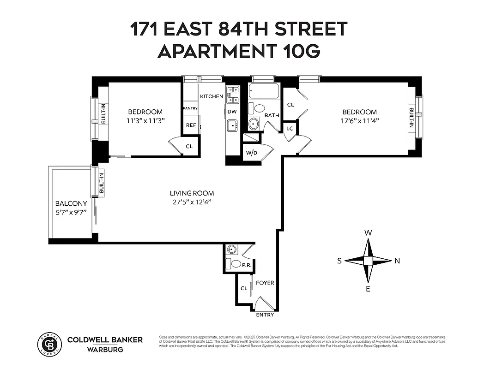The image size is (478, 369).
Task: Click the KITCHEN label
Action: pos(212,96)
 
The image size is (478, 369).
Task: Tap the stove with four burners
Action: pos(232,95)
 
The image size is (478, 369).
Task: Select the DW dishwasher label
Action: pos(232,112)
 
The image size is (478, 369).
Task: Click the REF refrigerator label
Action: pos(191,125)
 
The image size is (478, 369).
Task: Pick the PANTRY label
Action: pos(190,108)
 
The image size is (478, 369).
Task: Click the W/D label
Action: pos(251,153)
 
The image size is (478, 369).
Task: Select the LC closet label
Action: pos(290,128)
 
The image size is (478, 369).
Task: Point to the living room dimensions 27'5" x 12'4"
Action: pos(192,202)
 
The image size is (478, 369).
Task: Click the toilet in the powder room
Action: pos(233,264)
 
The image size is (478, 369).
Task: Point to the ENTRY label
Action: pos(265,315)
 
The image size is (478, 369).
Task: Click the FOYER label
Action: pos(265,283)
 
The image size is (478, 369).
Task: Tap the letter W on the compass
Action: pos(368,233)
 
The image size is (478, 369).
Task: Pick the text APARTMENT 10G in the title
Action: pos(239,52)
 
